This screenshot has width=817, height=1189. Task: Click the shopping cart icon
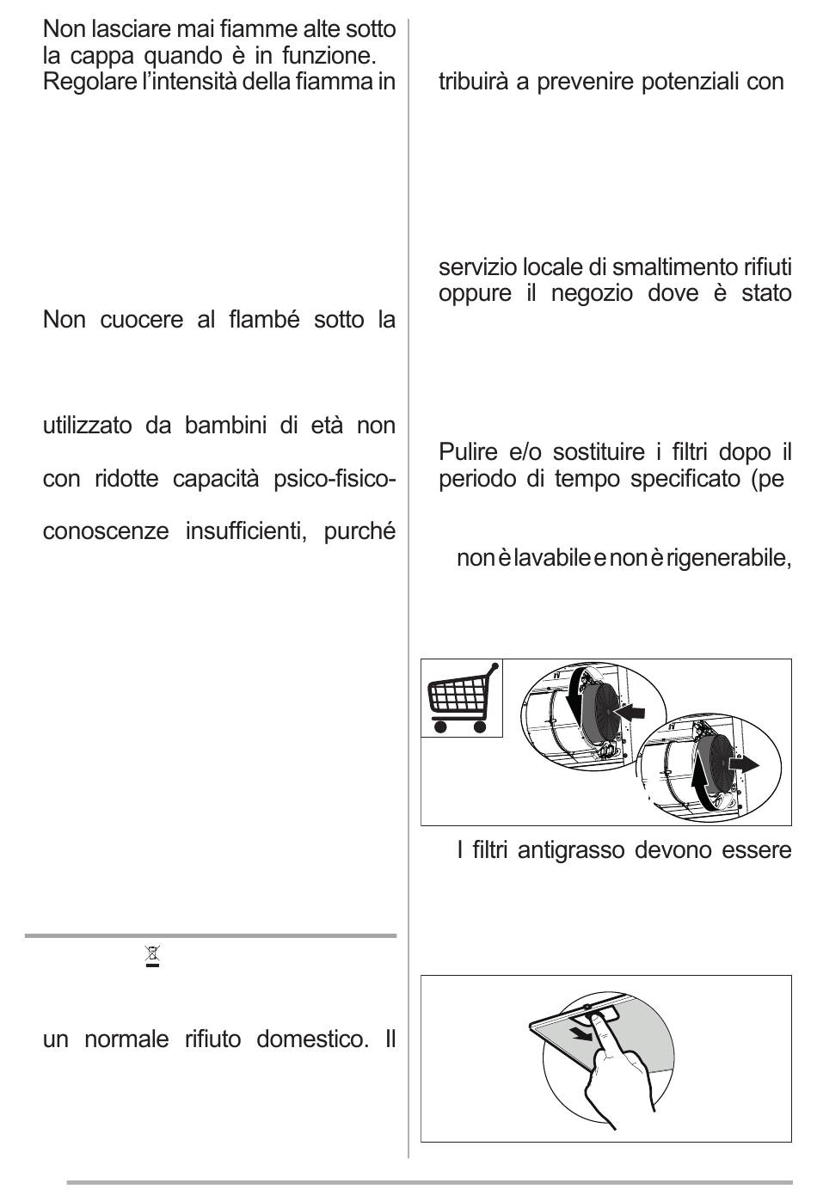[461, 699]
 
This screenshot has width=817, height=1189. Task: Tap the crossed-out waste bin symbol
[152, 956]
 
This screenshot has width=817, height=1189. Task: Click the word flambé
[264, 321]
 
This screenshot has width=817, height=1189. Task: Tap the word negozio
[593, 293]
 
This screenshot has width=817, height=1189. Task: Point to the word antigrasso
[570, 851]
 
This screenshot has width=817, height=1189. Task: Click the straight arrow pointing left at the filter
[632, 712]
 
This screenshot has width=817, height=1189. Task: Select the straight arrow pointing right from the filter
[743, 764]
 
